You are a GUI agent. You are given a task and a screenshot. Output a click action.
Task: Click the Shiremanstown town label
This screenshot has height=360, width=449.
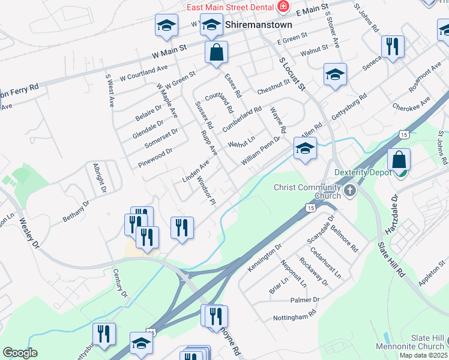coord(259,25)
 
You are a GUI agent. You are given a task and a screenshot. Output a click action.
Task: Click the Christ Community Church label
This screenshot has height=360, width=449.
coord(307,191)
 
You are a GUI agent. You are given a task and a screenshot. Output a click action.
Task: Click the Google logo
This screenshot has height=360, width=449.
coord(20,353)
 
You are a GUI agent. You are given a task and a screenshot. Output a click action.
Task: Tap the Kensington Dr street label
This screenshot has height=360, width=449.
coord(265,256)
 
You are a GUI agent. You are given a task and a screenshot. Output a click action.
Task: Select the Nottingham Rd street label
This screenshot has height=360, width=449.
coord(295,316)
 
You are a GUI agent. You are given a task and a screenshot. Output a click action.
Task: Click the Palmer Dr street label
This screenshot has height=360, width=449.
coord(304,299)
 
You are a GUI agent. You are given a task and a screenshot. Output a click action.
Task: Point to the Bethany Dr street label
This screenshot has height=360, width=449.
coord(76,212)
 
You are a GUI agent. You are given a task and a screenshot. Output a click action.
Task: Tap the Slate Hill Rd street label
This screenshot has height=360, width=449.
coord(391,259)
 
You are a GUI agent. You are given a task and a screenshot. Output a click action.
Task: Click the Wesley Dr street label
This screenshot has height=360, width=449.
coord(28,234)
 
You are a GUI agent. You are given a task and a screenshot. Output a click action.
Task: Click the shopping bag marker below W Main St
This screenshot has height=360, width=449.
coord(216,52)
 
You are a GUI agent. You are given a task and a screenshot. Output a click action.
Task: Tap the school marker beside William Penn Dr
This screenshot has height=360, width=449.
coord(305,148)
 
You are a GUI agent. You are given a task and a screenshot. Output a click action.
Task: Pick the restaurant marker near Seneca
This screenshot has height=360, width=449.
coord(393,46)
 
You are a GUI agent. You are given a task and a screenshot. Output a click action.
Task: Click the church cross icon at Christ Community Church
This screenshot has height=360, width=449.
coord(350,191)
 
